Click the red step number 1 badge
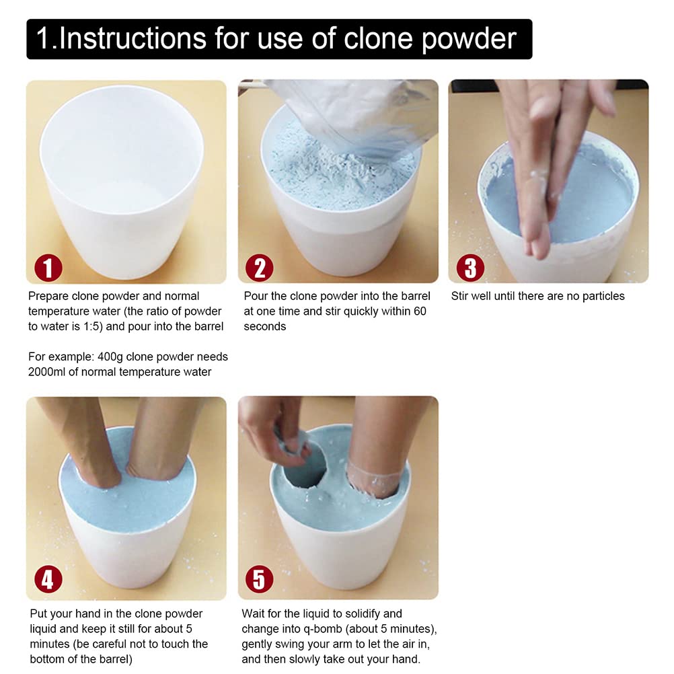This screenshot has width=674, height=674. [x=48, y=268]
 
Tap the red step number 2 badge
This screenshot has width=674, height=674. [x=260, y=268]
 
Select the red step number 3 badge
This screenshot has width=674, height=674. [x=470, y=268]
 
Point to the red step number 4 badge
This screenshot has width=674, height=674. [x=48, y=579]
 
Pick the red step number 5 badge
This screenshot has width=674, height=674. [x=260, y=579]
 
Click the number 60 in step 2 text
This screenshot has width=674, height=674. [x=419, y=311]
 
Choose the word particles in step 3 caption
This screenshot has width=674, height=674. [x=597, y=296]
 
